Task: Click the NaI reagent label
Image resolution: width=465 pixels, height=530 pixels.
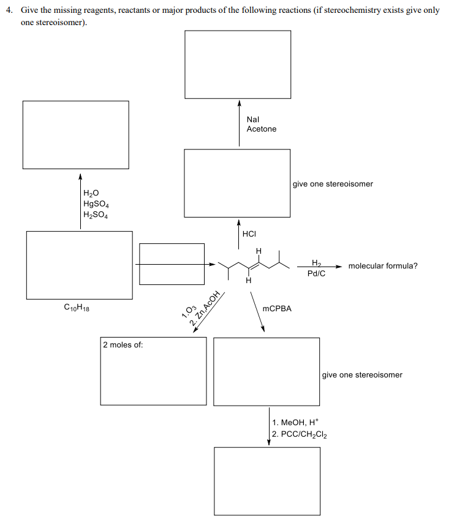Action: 252,119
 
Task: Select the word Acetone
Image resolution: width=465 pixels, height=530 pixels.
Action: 261,129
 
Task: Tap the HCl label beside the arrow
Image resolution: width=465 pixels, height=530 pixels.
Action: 249,233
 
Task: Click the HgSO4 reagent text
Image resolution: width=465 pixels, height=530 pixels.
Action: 96,204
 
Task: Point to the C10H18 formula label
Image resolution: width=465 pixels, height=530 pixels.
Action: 77,308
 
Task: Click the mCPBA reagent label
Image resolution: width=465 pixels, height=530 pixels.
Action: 277,309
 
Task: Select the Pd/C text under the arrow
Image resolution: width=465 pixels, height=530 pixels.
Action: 316,273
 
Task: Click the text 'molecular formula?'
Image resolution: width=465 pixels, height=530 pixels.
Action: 383,266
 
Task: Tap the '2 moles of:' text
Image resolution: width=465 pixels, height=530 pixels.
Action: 123,345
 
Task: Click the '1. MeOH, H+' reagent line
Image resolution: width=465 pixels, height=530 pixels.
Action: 296,423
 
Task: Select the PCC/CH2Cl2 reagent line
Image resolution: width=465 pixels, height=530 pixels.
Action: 300,435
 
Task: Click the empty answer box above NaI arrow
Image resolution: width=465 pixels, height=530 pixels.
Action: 238,64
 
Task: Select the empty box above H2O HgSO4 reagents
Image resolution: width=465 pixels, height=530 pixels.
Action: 75,134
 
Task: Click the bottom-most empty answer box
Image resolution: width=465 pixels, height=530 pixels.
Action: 267,481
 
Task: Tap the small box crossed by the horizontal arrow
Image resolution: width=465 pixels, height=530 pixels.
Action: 172,264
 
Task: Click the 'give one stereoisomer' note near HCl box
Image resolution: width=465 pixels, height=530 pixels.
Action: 333,184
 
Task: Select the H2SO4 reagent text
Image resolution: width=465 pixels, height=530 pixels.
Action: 96,215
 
